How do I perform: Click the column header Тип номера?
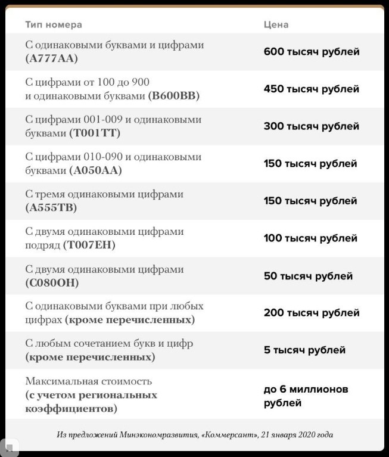[54, 25]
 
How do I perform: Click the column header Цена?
[276, 25]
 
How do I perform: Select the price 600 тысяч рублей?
[312, 52]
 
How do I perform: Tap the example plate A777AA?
[52, 59]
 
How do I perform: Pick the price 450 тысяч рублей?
[312, 89]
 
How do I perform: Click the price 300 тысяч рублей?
[312, 126]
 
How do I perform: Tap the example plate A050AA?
[95, 171]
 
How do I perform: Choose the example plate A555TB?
[51, 208]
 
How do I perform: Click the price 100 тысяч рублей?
[310, 238]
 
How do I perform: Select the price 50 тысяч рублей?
[308, 276]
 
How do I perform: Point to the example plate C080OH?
[52, 283]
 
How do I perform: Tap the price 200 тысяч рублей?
[312, 313]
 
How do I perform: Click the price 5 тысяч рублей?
[304, 350]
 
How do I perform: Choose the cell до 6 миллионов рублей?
[306, 396]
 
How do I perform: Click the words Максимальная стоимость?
[89, 381]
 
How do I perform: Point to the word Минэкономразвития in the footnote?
[157, 435]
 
